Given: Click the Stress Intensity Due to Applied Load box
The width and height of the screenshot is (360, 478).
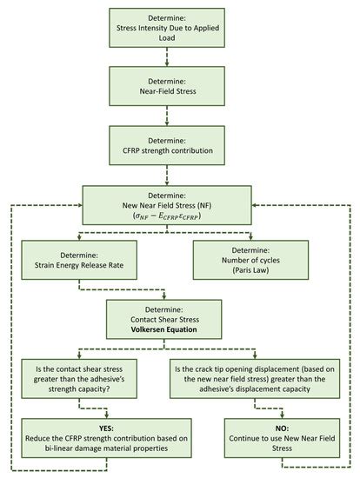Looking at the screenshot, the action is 167,28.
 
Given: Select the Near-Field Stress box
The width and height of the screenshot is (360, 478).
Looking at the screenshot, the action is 167,86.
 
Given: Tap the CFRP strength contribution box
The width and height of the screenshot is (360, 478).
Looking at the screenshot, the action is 167,145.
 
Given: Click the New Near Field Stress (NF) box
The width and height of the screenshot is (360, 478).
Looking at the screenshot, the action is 167,205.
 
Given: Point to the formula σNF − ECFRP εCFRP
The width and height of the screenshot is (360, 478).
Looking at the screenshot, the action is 167,216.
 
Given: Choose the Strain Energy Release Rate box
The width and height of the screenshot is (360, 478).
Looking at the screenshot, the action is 79,260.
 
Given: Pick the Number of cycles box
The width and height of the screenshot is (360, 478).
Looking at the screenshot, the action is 250,260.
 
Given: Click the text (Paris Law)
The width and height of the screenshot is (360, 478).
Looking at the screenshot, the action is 250,270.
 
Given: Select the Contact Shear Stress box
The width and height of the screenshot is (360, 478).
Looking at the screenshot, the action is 163,319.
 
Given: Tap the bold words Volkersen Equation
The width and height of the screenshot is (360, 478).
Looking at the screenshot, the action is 163,329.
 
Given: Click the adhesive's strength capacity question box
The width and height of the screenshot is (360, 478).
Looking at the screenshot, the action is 79,379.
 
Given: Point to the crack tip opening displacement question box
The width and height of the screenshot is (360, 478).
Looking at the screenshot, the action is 255,379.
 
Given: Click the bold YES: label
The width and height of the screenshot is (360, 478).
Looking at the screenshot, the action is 106,428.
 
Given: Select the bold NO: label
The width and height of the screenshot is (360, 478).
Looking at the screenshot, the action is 282,428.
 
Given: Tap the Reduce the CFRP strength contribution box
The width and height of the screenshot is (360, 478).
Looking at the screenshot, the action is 106,438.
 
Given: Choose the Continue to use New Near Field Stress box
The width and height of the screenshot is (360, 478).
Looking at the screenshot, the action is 282,438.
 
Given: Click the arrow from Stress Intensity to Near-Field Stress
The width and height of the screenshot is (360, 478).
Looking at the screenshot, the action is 167,57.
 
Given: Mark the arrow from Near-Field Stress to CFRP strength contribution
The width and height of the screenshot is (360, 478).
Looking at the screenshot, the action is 167,116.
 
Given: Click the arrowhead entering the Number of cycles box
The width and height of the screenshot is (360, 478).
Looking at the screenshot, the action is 250,238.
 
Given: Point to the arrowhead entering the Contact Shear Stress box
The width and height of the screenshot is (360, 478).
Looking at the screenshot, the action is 164,297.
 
